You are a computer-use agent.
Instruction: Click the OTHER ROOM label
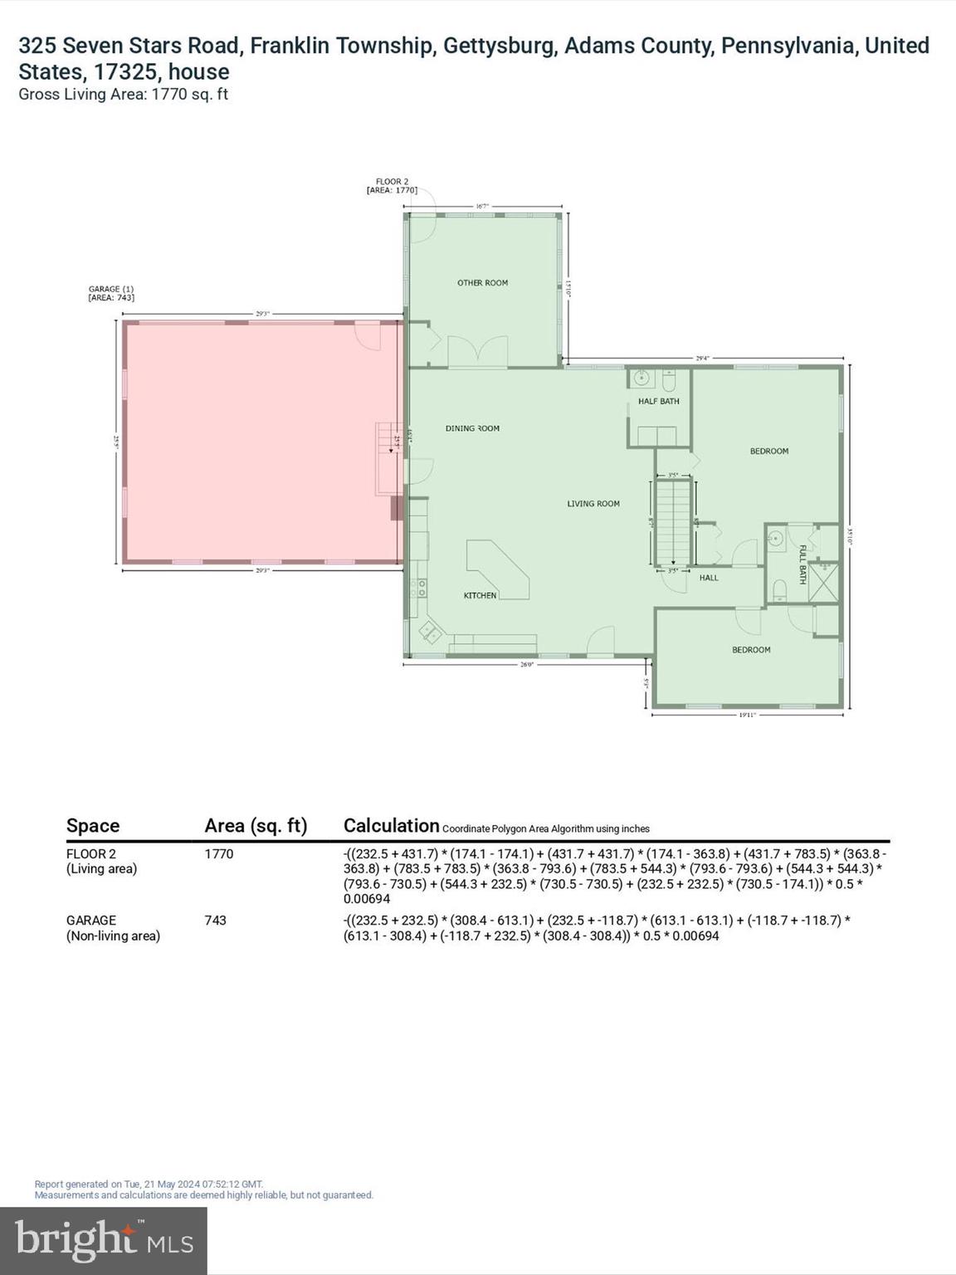click(482, 283)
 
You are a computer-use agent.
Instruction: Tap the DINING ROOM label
click(472, 428)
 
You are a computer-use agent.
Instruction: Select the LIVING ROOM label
click(593, 504)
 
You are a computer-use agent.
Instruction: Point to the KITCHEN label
click(480, 596)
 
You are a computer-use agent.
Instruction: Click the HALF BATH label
click(659, 402)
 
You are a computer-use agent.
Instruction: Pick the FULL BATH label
click(802, 564)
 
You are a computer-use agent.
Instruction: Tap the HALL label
click(709, 578)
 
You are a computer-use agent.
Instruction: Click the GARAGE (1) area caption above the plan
click(111, 293)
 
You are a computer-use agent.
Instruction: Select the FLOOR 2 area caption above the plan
click(392, 186)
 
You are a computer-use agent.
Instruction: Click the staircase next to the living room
click(673, 523)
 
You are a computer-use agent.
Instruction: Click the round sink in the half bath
click(640, 379)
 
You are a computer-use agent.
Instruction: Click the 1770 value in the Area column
click(219, 854)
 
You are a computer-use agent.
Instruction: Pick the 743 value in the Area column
click(216, 921)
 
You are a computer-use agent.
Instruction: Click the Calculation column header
click(391, 826)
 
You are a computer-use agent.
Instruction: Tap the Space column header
click(93, 826)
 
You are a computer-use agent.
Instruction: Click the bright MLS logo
click(104, 1240)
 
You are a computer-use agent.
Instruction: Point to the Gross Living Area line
click(123, 95)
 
